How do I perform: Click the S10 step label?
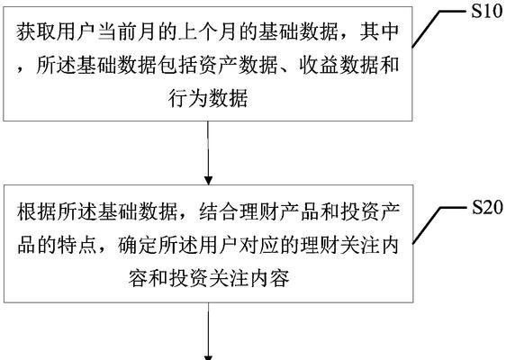487,11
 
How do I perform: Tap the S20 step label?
487,207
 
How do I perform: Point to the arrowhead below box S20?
208,357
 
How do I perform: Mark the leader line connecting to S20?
438,224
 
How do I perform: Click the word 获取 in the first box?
36,31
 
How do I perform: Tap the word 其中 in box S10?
380,31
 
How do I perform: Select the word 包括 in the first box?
178,65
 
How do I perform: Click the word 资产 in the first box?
218,65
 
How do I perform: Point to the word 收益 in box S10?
319,65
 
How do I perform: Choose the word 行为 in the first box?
188,98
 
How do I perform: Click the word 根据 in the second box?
37,211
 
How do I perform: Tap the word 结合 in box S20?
219,211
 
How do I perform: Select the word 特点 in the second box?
77,245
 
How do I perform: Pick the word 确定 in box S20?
138,245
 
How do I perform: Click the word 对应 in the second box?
258,245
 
